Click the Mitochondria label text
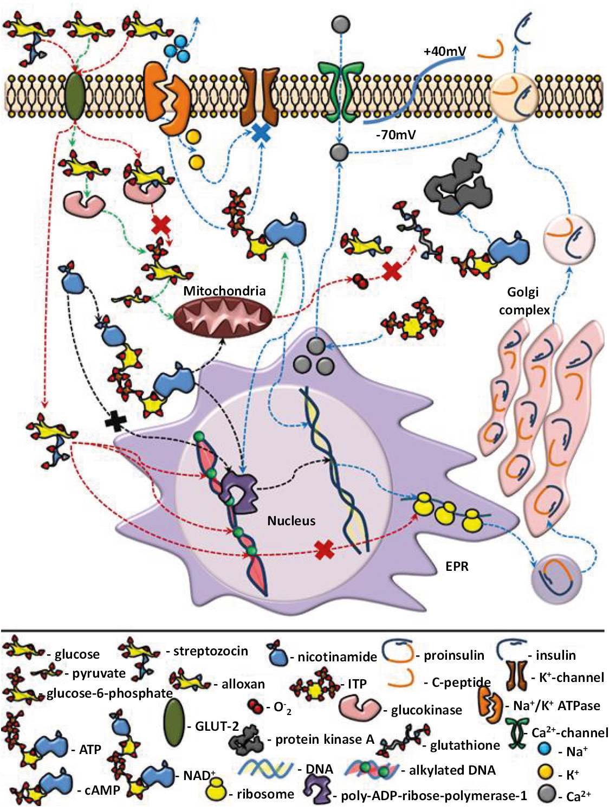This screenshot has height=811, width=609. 224,291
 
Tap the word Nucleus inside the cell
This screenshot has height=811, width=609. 291,520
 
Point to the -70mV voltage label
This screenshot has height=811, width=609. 396,134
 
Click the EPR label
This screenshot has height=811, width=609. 456,567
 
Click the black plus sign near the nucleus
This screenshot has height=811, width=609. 115,420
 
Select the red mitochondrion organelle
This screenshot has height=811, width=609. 223,316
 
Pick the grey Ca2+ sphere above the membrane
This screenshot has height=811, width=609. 340,24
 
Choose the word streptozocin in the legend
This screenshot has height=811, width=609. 210,651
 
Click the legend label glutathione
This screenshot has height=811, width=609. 465,745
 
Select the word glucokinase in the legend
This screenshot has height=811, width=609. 426,710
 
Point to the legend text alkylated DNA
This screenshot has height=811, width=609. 452,770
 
